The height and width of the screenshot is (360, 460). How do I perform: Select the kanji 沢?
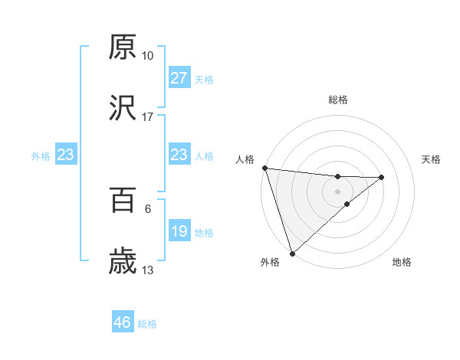point(123,110)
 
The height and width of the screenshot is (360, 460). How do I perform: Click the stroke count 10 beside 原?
point(147,56)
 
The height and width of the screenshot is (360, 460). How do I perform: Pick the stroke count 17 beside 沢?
point(147,117)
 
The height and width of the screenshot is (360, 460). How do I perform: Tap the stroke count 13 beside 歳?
point(147,270)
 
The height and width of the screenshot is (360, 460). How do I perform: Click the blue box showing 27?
point(179,78)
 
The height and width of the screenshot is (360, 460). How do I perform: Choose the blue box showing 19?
point(179,231)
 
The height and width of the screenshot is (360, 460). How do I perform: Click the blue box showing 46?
point(122,322)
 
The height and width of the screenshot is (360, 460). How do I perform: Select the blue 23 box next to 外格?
point(65,155)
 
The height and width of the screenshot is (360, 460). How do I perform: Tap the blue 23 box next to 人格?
point(179,155)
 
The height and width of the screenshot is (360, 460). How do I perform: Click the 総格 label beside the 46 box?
point(147,324)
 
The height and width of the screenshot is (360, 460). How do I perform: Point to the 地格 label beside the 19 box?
point(204,232)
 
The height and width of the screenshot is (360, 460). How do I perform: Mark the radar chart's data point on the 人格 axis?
point(264,168)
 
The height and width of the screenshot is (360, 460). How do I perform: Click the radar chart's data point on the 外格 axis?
point(291,254)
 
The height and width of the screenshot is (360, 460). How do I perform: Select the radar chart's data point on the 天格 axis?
point(382,178)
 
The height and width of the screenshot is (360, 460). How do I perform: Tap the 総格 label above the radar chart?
point(337,100)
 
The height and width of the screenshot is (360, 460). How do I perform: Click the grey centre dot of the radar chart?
point(337,190)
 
